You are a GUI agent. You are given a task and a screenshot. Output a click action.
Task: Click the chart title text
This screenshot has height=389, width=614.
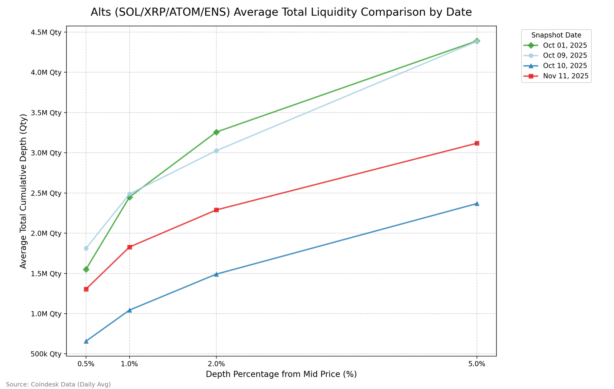click(281, 12)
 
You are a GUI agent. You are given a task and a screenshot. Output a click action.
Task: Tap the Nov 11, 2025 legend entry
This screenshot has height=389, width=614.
click(565, 76)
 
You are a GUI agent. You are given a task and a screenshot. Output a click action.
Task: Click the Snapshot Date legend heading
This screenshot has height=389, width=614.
click(556, 35)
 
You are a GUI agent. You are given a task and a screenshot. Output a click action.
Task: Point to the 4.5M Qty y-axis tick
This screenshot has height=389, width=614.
click(46, 32)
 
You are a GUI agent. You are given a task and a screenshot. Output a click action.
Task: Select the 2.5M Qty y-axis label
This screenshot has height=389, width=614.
click(46, 193)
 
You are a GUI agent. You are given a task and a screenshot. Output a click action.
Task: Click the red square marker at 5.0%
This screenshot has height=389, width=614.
click(477, 143)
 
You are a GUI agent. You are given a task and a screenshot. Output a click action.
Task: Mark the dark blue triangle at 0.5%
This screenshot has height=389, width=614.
click(86, 341)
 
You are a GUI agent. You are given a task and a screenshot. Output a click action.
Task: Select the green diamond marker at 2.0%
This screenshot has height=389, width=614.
click(216, 132)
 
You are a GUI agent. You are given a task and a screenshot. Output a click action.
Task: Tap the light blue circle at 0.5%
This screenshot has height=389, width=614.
click(86, 248)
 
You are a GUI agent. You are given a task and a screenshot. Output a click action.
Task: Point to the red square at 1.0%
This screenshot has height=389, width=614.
click(129, 247)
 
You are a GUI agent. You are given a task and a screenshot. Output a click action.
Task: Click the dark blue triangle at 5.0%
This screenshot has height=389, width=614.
click(477, 204)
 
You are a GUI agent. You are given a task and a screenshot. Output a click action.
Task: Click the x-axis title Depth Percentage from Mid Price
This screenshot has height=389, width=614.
click(281, 374)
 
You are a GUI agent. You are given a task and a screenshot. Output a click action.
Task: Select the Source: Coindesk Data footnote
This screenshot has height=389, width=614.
click(58, 384)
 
